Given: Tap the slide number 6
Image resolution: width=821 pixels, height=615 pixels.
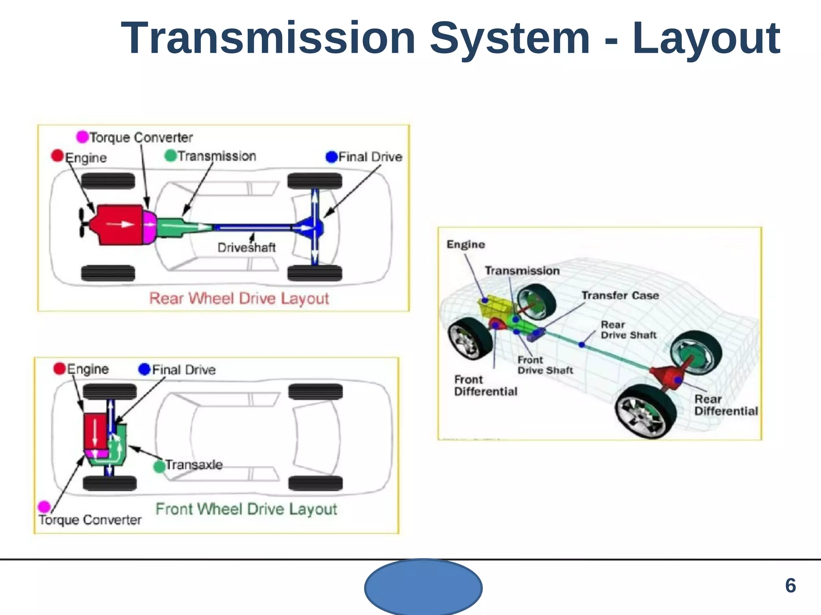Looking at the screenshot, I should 790,586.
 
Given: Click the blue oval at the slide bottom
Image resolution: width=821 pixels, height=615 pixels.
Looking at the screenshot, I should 423,587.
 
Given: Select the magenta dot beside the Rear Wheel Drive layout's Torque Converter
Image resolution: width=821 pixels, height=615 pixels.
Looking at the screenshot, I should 82,137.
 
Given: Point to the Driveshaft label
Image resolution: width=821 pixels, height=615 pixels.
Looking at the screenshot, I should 247,248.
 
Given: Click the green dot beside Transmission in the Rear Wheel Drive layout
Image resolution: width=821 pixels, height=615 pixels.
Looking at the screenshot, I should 171,156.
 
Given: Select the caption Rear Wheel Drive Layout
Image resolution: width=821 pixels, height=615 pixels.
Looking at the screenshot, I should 239,299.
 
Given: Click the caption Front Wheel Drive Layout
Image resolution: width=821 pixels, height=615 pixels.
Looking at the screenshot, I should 246,509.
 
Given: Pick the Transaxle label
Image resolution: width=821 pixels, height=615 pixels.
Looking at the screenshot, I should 194,465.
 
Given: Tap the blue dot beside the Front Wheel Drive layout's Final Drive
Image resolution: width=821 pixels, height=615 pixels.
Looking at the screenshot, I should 144,369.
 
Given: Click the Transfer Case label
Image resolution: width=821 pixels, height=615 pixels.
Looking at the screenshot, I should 620,295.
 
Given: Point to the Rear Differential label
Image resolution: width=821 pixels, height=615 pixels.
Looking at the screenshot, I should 726,405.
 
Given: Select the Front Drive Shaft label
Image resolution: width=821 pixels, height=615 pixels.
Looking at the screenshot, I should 544,365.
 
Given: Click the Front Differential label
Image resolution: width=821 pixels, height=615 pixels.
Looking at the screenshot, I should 485,386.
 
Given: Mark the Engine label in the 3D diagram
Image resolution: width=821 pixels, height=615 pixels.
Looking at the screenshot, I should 466,245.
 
